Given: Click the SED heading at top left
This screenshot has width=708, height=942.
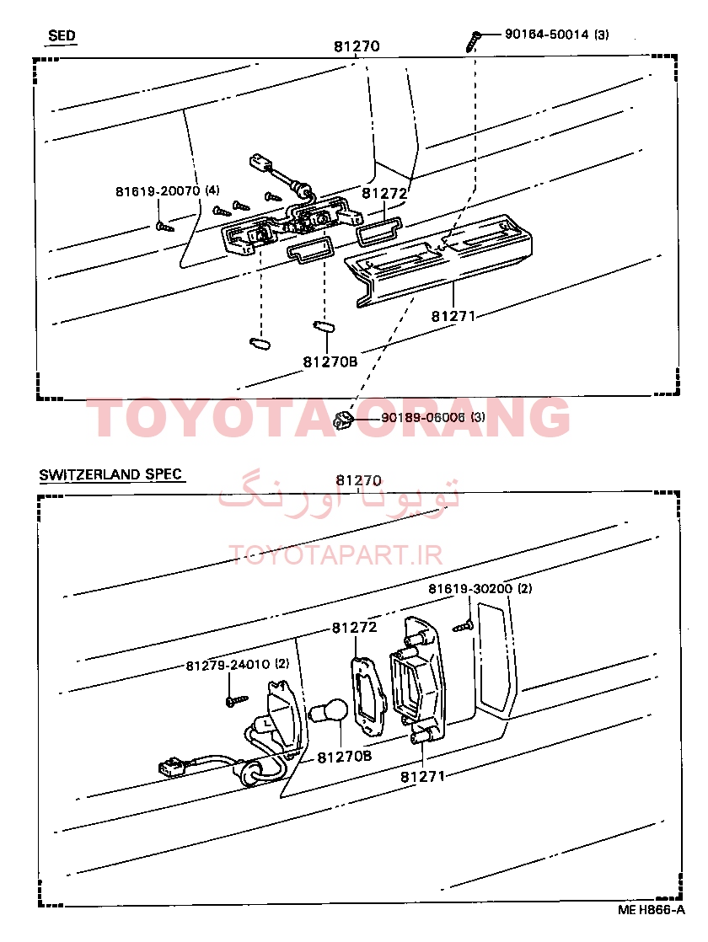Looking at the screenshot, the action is (62, 35).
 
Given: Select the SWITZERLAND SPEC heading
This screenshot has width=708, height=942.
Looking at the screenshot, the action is (110, 474).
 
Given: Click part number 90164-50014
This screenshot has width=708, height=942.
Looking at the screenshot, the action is (545, 35).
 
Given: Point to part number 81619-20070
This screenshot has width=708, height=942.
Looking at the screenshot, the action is (158, 191).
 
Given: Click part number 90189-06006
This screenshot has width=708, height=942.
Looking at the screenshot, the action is (423, 417).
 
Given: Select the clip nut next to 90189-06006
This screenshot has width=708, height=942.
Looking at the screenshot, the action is (342, 418).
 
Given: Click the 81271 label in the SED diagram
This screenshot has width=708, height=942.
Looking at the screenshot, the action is (453, 315).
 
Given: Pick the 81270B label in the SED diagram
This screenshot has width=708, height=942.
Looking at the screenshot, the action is (330, 361).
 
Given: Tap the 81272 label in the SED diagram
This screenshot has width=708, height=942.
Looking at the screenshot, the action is (384, 194).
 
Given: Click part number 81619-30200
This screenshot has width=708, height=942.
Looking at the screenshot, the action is (470, 588).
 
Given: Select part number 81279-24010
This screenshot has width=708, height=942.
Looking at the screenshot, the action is (228, 665).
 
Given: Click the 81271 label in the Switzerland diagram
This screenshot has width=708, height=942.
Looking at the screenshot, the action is (422, 776).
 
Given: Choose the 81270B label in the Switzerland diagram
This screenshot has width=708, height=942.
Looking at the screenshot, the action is (345, 757).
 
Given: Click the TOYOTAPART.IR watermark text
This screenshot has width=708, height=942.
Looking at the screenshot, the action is (336, 555).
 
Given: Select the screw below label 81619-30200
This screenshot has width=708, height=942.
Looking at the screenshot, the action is (464, 626).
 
